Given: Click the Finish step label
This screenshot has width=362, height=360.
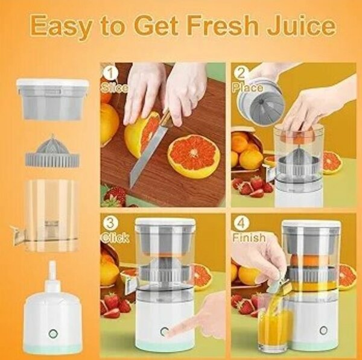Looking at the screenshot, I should [249, 238].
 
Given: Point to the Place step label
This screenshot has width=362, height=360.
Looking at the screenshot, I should [248, 88].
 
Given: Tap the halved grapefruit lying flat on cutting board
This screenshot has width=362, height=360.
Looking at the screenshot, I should [193, 154].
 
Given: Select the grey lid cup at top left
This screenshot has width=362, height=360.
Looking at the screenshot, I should [52, 99].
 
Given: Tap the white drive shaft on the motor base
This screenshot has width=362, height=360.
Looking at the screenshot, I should [52, 275].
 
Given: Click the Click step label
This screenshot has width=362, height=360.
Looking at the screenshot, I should [115, 238].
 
